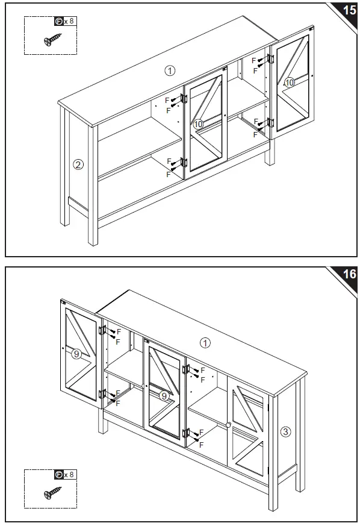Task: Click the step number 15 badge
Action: pyautogui.click(x=349, y=11)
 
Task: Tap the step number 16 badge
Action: pyautogui.click(x=349, y=274)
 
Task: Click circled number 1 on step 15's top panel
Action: pyautogui.click(x=170, y=70)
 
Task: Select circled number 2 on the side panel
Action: pyautogui.click(x=78, y=164)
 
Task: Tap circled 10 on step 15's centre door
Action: pyautogui.click(x=199, y=124)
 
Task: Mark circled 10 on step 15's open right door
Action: pyautogui.click(x=290, y=83)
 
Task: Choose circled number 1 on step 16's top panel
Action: pyautogui.click(x=205, y=343)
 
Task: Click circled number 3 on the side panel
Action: pyautogui.click(x=286, y=431)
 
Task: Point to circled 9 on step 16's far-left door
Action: pyautogui.click(x=76, y=354)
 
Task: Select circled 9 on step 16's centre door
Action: pyautogui.click(x=164, y=396)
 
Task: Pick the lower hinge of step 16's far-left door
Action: pyautogui.click(x=103, y=395)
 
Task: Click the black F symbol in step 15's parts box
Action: pyautogui.click(x=58, y=22)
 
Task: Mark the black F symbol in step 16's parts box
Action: pyautogui.click(x=58, y=475)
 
